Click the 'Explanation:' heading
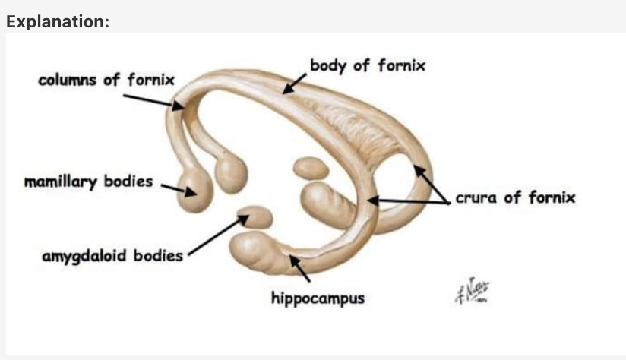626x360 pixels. (x=58, y=21)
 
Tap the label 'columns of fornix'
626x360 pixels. (x=106, y=79)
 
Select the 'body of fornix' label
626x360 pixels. (x=368, y=65)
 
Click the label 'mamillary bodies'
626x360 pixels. (x=88, y=182)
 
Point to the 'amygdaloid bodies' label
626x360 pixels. (x=112, y=255)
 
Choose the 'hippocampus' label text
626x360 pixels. (x=318, y=298)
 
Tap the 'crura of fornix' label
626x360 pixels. (x=515, y=199)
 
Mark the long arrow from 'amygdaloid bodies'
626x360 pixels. (x=217, y=235)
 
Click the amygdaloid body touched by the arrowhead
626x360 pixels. (x=256, y=218)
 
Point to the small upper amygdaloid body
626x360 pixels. (x=309, y=168)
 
